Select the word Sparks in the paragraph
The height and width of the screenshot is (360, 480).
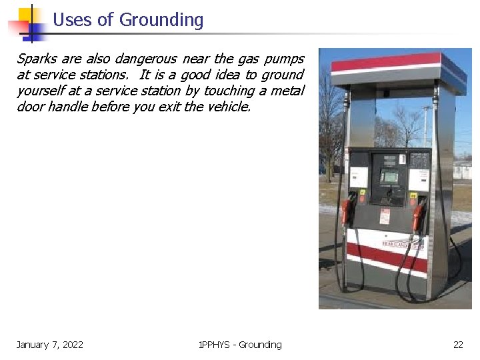tap(37, 59)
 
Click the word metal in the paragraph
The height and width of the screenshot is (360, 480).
tap(287, 91)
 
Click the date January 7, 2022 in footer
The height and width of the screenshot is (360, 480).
tap(50, 345)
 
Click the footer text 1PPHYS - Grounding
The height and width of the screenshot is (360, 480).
tap(240, 345)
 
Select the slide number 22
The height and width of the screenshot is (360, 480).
tap(458, 345)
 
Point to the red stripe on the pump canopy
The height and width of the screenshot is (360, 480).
tap(387, 62)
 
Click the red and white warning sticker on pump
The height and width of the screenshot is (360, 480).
tap(385, 216)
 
